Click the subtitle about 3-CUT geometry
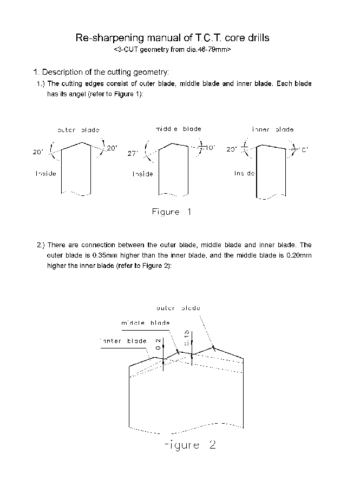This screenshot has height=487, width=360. click(x=173, y=49)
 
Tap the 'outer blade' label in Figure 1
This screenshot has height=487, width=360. click(x=78, y=130)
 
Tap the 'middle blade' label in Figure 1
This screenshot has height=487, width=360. click(x=178, y=129)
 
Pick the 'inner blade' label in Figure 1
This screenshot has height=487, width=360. click(x=273, y=129)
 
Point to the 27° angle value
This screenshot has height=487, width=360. click(x=133, y=154)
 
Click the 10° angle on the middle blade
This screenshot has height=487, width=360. click(x=210, y=147)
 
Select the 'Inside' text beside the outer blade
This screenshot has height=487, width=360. click(x=45, y=173)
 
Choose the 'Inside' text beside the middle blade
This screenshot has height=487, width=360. click(x=143, y=174)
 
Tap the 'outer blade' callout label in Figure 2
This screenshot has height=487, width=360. click(x=178, y=307)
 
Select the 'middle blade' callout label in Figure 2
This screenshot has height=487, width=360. click(x=145, y=323)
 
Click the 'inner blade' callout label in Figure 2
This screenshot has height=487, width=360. click(x=123, y=341)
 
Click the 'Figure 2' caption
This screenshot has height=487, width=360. click(x=189, y=445)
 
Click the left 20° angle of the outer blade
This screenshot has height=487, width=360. click(x=38, y=153)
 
